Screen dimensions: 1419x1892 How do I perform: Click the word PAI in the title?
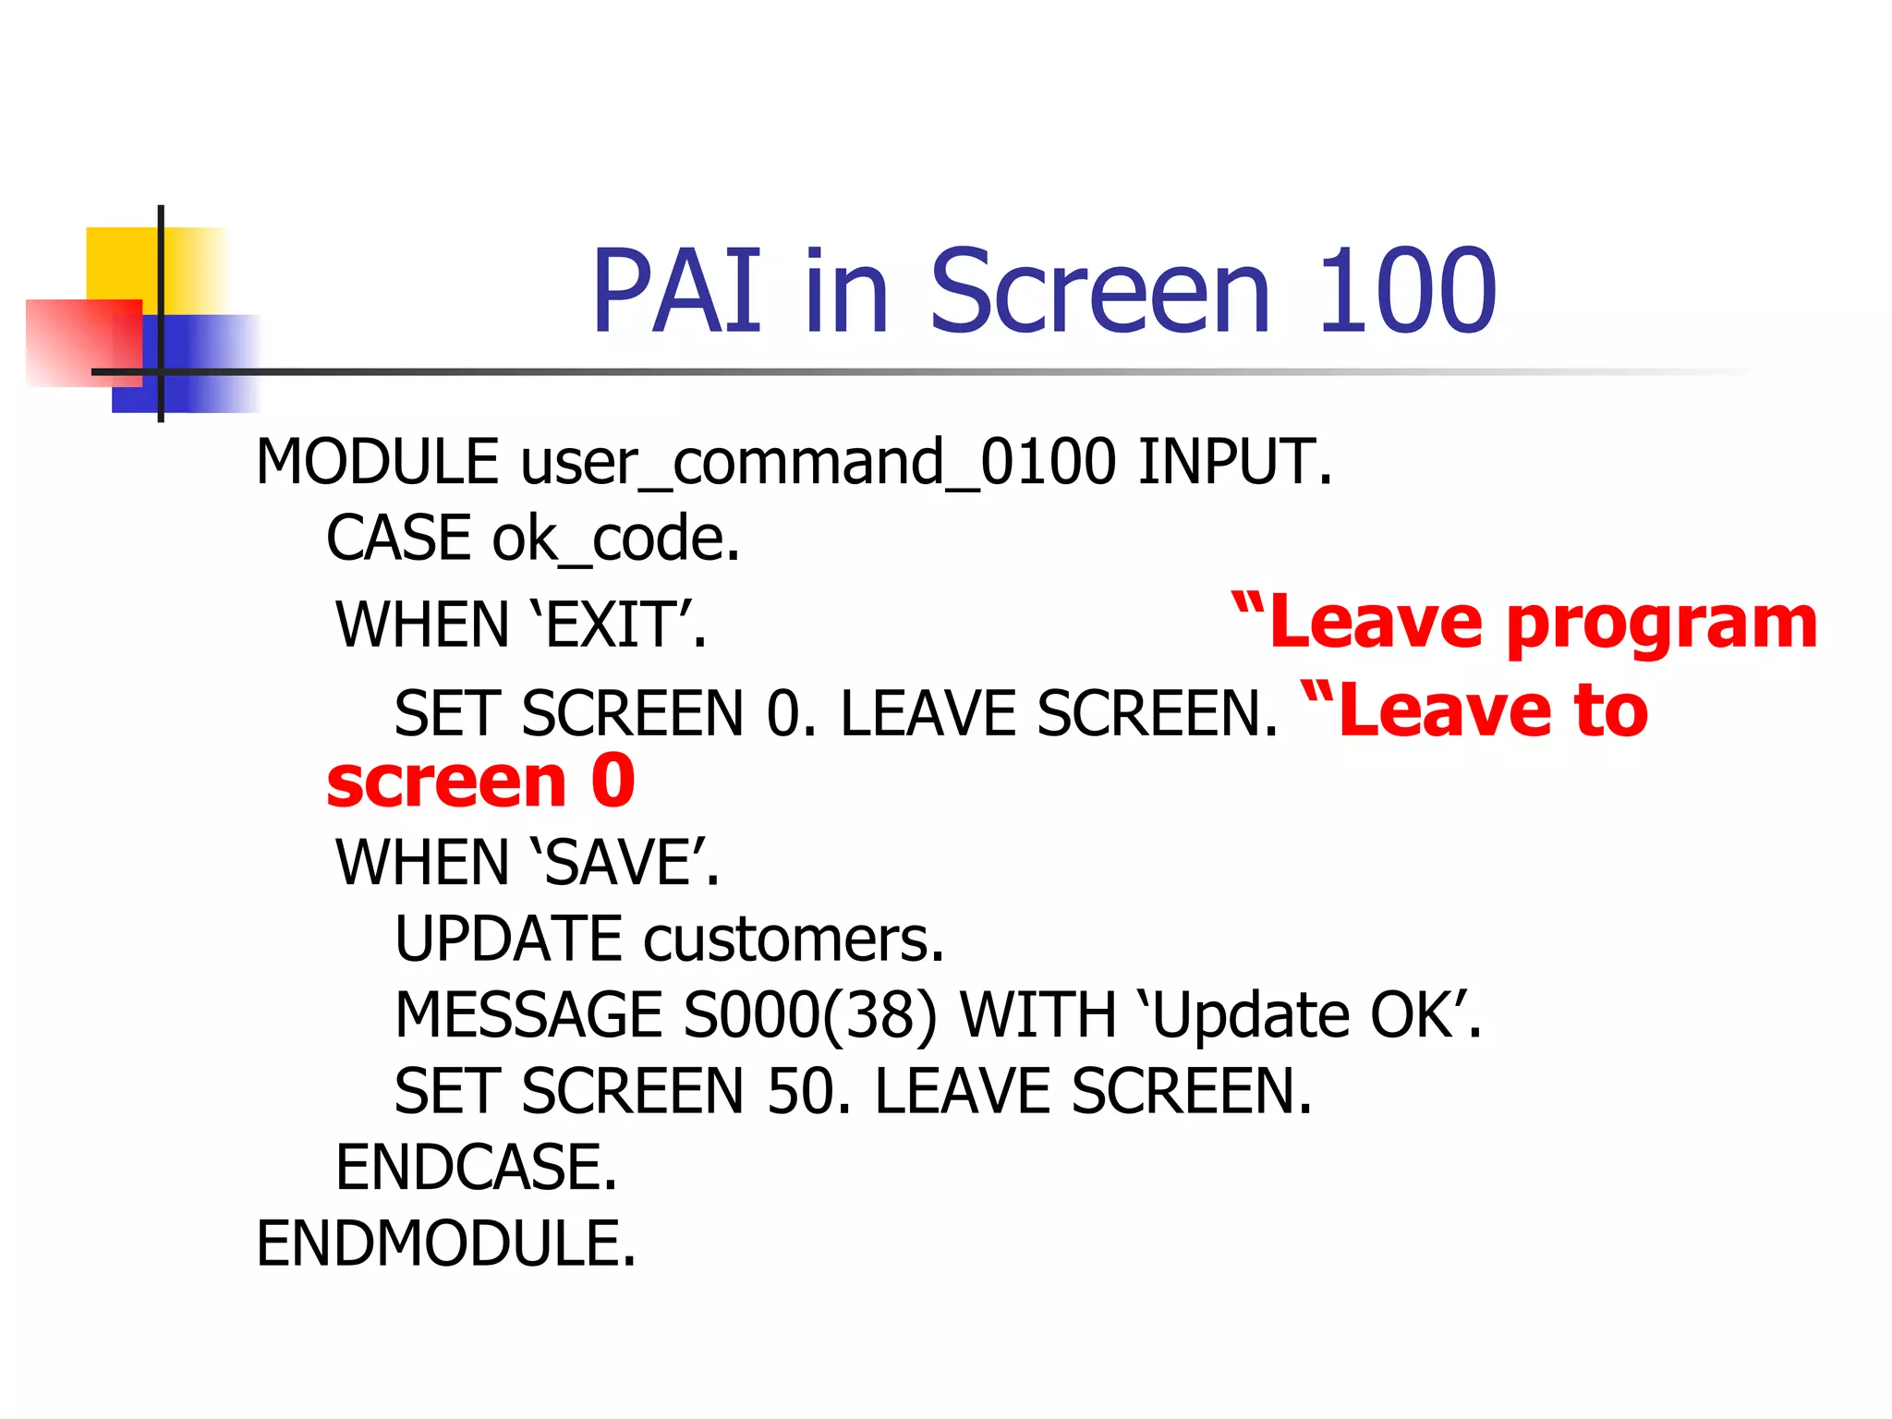[677, 292]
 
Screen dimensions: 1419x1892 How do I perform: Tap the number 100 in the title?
[1405, 292]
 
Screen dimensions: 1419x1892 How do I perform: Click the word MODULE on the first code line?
[377, 462]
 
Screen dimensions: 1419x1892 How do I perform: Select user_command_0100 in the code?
[818, 462]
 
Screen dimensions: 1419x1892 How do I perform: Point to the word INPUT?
[1234, 462]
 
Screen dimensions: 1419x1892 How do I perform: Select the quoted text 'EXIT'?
[617, 625]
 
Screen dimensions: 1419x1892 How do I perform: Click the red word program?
[1661, 624]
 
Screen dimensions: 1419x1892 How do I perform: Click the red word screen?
[446, 782]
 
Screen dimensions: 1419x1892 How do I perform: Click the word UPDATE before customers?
[508, 940]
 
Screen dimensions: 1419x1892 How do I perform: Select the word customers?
[793, 940]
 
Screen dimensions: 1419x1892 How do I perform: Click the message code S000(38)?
[809, 1015]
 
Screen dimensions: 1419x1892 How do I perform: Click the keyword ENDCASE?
[475, 1168]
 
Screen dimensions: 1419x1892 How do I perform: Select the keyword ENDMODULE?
[445, 1243]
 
